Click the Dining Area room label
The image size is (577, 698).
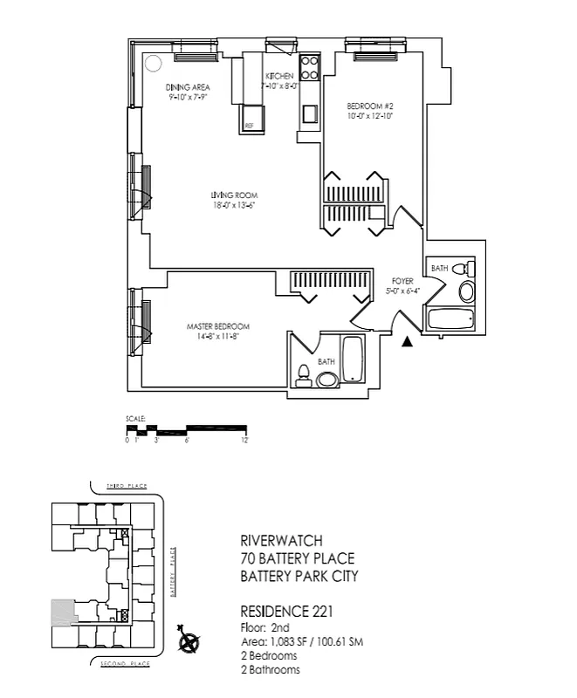click(188, 88)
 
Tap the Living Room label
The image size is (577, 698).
click(234, 195)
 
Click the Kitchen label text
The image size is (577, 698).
click(280, 77)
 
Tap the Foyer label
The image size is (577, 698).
click(402, 281)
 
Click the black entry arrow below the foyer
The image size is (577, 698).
click(406, 342)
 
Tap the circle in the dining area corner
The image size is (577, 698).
click(152, 64)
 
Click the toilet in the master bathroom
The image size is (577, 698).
click(304, 373)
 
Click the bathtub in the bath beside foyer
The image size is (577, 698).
click(450, 319)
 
